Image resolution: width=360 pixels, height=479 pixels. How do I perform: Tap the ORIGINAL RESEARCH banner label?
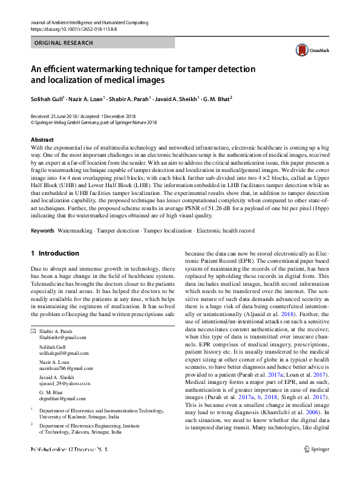coord(64,43)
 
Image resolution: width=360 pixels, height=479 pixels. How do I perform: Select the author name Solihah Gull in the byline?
coord(47,98)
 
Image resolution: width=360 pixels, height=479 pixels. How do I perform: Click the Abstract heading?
coord(42,140)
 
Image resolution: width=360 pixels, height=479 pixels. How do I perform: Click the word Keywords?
coord(42,231)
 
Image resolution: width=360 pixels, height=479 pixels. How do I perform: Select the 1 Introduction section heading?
coord(54,253)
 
